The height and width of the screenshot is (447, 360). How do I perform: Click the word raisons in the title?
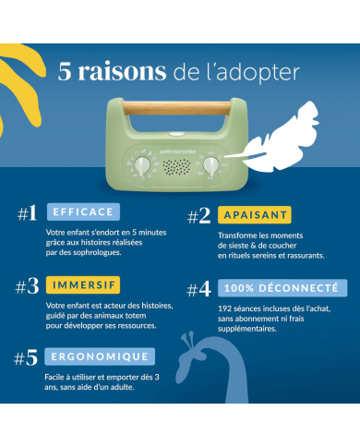122,72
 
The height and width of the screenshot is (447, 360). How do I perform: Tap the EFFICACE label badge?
83,211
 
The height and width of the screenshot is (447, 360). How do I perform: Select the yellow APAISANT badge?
255,214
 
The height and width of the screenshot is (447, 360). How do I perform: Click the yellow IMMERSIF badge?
83,284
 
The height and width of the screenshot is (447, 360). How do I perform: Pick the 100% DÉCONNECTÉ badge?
282,288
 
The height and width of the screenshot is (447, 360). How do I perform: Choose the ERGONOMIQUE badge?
100,356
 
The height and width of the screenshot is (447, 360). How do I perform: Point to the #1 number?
28,213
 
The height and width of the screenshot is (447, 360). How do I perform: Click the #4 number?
199,289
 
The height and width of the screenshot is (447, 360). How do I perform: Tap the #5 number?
26,357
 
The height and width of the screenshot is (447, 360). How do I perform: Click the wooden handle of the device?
177,108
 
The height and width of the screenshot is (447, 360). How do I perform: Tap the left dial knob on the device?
142,165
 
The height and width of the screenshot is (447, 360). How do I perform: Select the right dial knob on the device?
210,165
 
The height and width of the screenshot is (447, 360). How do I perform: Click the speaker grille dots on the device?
176,167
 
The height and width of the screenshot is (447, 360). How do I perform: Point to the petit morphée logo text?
177,151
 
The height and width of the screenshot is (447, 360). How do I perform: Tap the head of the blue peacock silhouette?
192,352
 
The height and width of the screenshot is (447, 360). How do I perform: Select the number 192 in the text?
224,308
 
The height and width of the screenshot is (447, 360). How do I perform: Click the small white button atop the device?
177,134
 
